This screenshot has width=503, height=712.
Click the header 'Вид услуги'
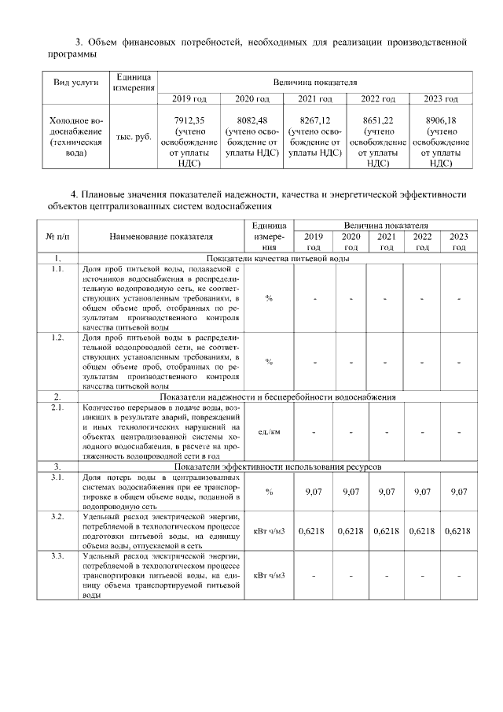[x=76, y=82]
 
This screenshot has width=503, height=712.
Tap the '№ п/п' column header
[x=57, y=235]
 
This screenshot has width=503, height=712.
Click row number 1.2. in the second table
[x=57, y=338]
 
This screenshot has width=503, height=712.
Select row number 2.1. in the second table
[x=57, y=408]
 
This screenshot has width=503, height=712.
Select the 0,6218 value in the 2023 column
[x=457, y=531]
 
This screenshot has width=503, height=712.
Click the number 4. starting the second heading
[x=74, y=193]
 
